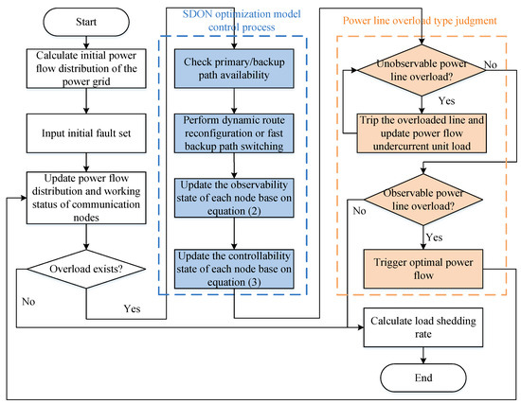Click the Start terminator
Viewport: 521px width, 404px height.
point(86,22)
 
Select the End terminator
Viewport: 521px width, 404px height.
point(423,378)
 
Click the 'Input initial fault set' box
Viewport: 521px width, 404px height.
point(86,133)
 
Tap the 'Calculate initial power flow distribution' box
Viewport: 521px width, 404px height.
point(86,68)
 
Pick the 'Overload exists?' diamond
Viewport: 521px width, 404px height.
point(86,269)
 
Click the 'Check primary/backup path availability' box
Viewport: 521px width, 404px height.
point(234,68)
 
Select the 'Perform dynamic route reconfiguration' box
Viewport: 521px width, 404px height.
point(234,133)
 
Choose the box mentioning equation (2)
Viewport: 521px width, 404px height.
point(234,198)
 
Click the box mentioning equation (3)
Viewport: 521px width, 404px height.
point(234,269)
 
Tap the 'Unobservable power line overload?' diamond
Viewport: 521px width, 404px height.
point(422,70)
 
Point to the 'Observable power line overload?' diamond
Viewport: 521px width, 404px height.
point(423,200)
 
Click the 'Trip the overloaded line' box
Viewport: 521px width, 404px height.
point(422,133)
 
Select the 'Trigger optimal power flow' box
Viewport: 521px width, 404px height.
point(423,269)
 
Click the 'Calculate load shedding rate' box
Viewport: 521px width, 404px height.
point(423,327)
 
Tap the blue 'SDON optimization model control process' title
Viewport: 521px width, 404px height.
point(242,21)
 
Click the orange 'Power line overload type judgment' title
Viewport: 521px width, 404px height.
point(420,21)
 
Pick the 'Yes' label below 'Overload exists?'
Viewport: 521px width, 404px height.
point(132,308)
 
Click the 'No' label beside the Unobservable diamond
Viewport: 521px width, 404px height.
point(491,64)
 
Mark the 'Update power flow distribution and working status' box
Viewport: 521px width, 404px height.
point(86,198)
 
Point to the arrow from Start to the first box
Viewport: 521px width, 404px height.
point(86,43)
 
